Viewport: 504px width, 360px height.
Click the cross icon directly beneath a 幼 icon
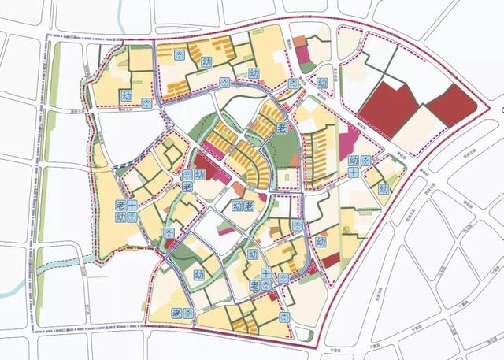[354, 172]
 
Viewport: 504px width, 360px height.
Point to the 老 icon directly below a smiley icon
[187, 187]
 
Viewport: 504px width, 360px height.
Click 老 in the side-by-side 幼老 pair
[248, 206]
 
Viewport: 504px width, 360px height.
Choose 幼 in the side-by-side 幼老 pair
[236, 206]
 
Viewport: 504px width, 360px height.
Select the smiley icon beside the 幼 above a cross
[366, 161]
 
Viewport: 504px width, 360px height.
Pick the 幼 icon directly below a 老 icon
[121, 217]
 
